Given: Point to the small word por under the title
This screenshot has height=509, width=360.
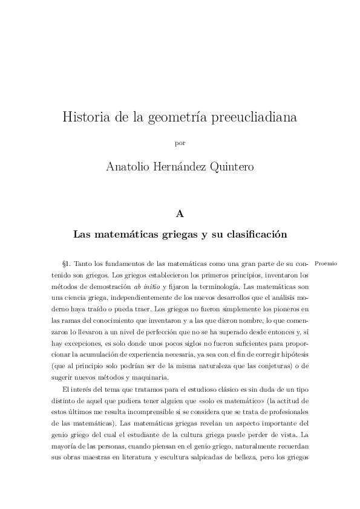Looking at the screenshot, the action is (x=180, y=143).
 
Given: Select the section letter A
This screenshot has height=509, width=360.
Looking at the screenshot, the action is (x=180, y=213).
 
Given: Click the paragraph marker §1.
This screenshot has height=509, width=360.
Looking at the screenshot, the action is (x=67, y=264).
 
